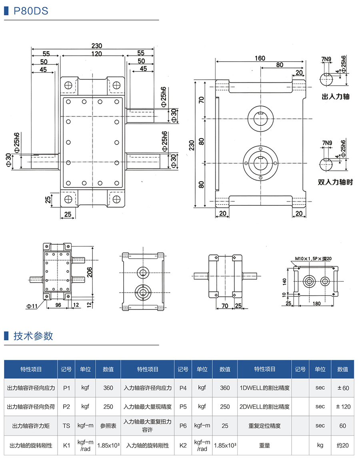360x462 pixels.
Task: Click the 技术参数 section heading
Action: click(33, 335)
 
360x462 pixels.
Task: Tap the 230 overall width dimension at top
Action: click(96, 46)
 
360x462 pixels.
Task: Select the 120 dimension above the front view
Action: click(96, 53)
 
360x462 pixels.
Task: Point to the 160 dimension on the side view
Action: click(260, 58)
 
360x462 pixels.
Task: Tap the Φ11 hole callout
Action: click(32, 306)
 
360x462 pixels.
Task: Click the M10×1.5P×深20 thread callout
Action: click(314, 259)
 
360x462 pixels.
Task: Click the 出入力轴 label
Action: click(336, 96)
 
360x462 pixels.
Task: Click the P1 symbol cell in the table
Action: click(66, 388)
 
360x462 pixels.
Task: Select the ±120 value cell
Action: click(343, 406)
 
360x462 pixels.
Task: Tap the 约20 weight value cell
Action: click(343, 445)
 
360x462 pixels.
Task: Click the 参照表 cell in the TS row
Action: click(108, 426)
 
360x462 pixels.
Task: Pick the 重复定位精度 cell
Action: click(264, 426)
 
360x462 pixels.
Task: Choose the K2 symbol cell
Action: click(183, 445)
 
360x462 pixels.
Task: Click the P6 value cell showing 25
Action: click(225, 426)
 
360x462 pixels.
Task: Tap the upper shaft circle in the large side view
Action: click(260, 118)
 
